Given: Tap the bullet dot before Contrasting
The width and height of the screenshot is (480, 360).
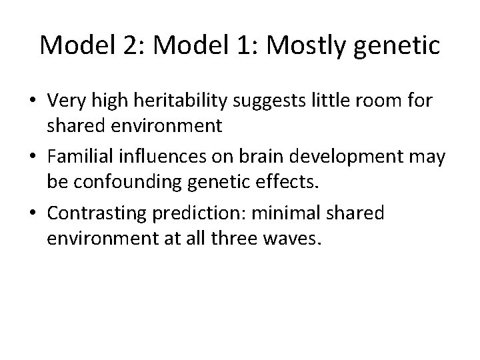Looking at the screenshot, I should pos(32,213).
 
